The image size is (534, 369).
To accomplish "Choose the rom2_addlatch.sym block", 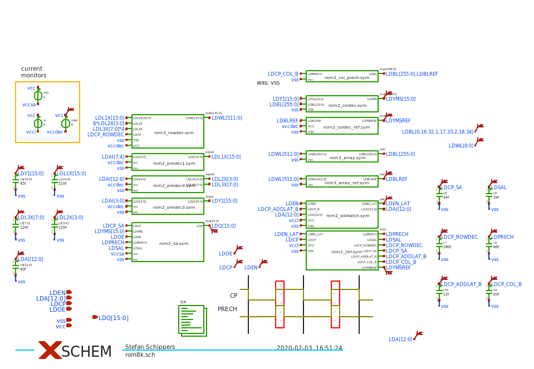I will tap(342, 214).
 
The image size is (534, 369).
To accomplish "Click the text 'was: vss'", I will tap(268, 83).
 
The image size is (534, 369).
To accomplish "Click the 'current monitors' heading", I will tap(33, 72).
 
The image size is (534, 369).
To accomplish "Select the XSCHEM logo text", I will tap(86, 352).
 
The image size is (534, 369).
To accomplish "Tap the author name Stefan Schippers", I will tap(150, 347).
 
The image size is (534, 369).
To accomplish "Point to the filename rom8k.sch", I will tap(140, 355).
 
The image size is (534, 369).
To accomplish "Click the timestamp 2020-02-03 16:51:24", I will tap(309, 348).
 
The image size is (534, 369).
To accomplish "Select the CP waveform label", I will tap(233, 296).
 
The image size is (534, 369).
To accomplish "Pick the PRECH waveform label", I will tap(227, 309).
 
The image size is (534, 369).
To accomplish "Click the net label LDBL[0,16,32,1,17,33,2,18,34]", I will tap(438, 132).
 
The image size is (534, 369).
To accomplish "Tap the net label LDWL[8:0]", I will tap(461, 146).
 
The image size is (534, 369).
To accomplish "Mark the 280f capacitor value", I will tap(447, 247).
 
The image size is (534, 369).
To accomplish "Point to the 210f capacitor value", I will tap(62, 183).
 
